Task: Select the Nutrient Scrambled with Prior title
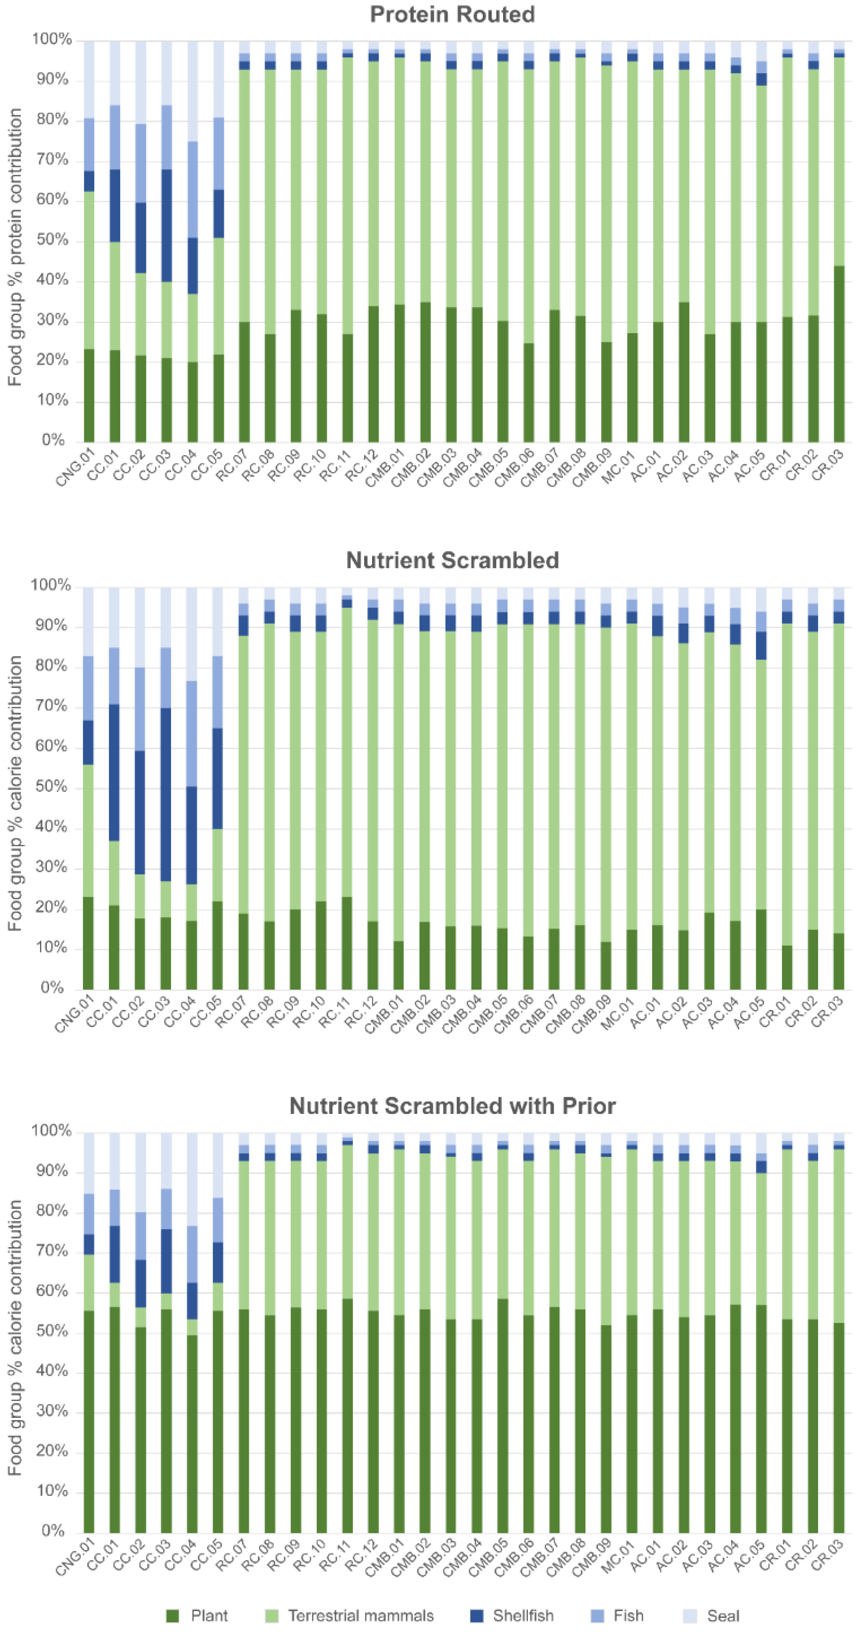[x=452, y=1106]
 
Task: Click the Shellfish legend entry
[x=523, y=1615]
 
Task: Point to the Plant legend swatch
[x=172, y=1615]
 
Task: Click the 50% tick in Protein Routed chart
[x=52, y=240]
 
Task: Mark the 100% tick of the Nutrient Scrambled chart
[x=51, y=585]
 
